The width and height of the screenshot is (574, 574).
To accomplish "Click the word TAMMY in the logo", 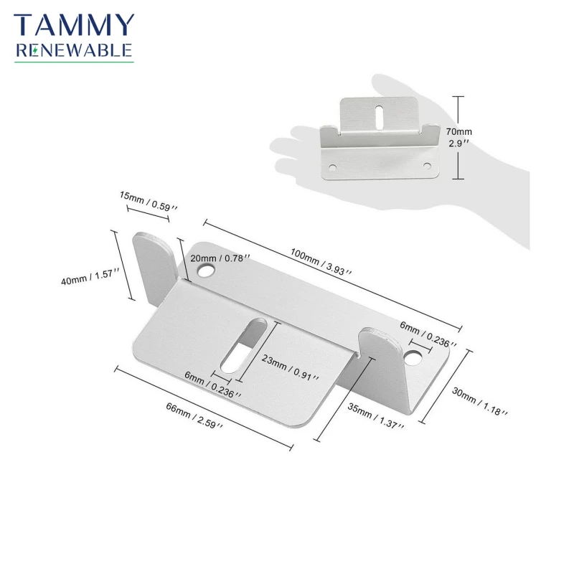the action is click(x=74, y=25).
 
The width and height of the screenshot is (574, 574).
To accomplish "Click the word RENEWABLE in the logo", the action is click(x=74, y=50).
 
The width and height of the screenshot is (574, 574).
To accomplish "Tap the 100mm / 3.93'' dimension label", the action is click(x=321, y=261).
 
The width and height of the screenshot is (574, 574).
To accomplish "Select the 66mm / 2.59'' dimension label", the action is click(x=194, y=415).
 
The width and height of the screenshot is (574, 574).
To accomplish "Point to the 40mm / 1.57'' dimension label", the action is click(x=90, y=277).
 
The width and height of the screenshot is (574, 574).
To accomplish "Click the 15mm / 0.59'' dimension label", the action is click(x=149, y=201).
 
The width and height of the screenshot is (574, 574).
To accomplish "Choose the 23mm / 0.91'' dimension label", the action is click(x=290, y=367).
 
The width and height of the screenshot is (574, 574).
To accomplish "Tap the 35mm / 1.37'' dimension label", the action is click(x=375, y=416).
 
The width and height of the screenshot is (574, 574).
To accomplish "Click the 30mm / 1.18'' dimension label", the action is click(x=479, y=402).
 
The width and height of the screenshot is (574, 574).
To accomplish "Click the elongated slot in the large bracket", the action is click(x=243, y=346).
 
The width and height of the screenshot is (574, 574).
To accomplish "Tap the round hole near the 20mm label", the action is click(x=206, y=271).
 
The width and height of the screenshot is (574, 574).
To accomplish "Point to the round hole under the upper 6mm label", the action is click(x=413, y=357).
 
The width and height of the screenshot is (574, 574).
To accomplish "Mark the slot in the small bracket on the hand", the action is click(x=380, y=117).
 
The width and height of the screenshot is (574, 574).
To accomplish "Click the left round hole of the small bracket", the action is click(x=332, y=168).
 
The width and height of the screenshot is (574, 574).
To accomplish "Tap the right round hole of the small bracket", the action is click(x=427, y=166).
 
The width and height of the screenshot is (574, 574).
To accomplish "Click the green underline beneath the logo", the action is click(x=74, y=62).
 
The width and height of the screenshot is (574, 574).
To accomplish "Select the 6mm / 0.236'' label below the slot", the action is click(x=212, y=385).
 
